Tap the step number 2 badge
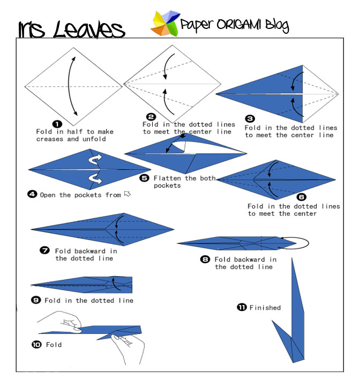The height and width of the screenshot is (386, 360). pos(151,117)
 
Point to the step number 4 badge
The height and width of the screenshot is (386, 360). pos(32,195)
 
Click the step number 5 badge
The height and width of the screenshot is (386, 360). pos(145,178)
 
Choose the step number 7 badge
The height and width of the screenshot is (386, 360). pos(46,250)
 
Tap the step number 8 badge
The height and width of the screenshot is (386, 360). pos(205,259)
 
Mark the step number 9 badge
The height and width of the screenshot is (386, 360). pos(36,300)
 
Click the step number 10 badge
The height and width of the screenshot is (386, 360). pos(36,344)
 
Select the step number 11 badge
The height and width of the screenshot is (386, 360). pos(242,307)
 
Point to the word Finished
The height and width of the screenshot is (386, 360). pos(265,308)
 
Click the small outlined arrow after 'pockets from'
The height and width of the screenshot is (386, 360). pos(127,194)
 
